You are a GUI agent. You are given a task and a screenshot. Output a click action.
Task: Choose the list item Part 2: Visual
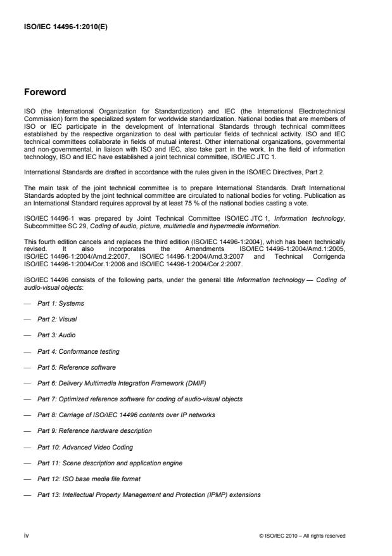point(58,320)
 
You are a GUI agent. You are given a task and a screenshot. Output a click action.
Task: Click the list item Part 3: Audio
point(58,335)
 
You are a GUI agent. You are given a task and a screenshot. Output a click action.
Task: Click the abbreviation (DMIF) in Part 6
point(201,383)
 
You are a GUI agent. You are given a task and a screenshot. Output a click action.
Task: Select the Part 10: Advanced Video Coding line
point(83,446)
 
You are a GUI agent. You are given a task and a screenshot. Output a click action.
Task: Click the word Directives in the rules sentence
point(278,169)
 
